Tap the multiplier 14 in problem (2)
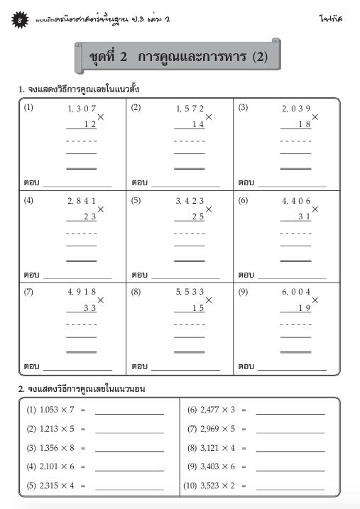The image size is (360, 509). pyautogui.click(x=197, y=124)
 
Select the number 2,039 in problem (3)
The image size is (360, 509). pyautogui.click(x=296, y=109)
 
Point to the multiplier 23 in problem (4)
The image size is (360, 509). pyautogui.click(x=89, y=217)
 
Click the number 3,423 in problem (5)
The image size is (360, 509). pyautogui.click(x=190, y=201)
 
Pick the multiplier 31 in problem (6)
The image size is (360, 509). pyautogui.click(x=304, y=217)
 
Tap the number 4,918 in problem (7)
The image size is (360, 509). pyautogui.click(x=82, y=292)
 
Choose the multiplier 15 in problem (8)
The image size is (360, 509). pyautogui.click(x=197, y=307)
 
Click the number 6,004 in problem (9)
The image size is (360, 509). pyautogui.click(x=296, y=292)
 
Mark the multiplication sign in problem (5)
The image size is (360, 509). pyautogui.click(x=209, y=209)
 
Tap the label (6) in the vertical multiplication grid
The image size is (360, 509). pyautogui.click(x=243, y=200)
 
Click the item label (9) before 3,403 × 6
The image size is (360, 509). pyautogui.click(x=192, y=467)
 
